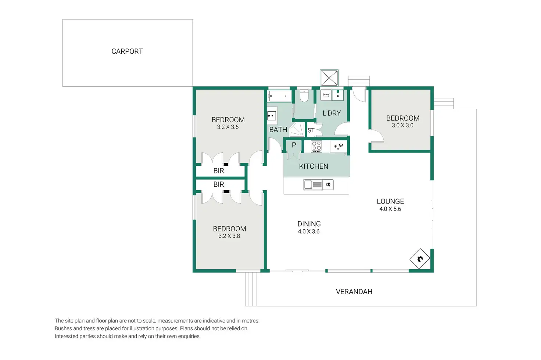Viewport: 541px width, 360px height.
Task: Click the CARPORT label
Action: (x=127, y=51)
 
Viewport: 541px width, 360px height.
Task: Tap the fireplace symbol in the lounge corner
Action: (x=419, y=259)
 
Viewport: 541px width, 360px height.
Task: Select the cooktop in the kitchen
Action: (x=316, y=147)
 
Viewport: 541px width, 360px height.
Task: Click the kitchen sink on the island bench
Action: (x=313, y=185)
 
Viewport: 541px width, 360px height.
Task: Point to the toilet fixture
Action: (x=304, y=96)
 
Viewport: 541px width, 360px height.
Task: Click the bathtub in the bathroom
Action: (x=280, y=96)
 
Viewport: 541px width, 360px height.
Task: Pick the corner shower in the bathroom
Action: (x=297, y=130)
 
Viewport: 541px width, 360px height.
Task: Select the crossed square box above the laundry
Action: (x=329, y=78)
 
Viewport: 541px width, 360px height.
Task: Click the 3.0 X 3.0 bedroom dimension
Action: (x=402, y=125)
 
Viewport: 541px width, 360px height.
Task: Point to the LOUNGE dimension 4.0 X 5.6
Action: (x=390, y=209)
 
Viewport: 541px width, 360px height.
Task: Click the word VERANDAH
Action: (x=354, y=292)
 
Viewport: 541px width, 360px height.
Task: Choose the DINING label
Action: (x=309, y=224)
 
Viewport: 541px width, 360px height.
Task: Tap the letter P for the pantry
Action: (x=294, y=145)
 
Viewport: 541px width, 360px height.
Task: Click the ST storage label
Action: (x=311, y=130)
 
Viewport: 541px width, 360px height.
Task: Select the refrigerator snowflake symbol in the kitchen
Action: (x=338, y=147)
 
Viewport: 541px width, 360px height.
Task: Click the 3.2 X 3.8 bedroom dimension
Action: (x=229, y=236)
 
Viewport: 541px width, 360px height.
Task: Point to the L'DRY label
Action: (x=332, y=113)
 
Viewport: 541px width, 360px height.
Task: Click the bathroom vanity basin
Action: (x=272, y=116)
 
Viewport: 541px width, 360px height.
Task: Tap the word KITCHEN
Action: (x=314, y=166)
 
